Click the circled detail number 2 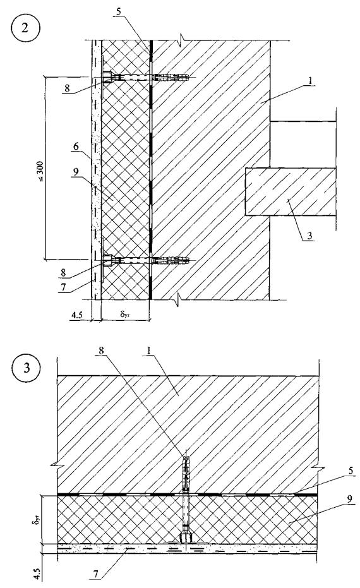[x=25, y=29]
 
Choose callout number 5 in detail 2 [x=119, y=11]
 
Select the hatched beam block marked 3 [x=291, y=191]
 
